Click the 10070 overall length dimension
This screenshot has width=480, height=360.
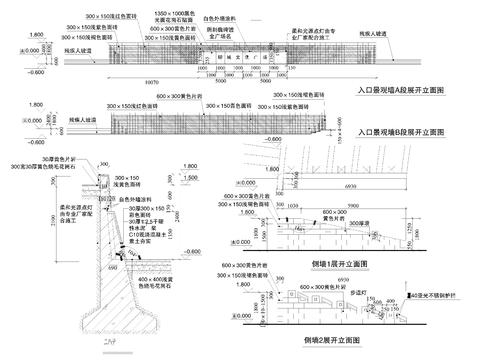151,81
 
